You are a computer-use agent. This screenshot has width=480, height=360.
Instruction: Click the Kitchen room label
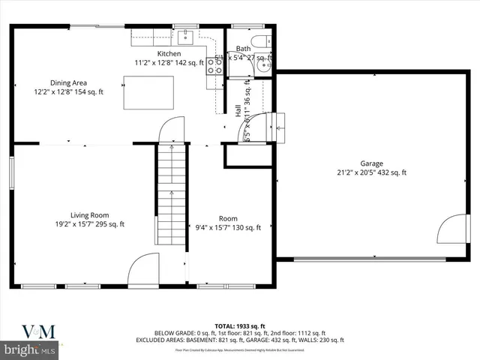pyautogui.click(x=169, y=53)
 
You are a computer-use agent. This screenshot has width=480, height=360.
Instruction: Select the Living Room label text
pyautogui.click(x=89, y=214)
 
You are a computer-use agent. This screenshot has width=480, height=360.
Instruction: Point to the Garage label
pyautogui.click(x=371, y=163)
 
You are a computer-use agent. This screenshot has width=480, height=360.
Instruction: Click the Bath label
pyautogui.click(x=243, y=49)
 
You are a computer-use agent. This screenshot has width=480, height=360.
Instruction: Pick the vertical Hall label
pyautogui.click(x=238, y=110)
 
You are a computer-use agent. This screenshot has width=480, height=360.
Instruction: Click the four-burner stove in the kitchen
pyautogui.click(x=214, y=65)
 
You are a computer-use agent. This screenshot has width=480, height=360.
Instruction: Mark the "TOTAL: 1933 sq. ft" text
pyautogui.click(x=239, y=326)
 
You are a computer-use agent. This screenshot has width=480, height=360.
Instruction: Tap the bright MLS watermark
pyautogui.click(x=29, y=349)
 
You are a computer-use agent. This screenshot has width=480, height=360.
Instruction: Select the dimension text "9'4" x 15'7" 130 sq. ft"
pyautogui.click(x=228, y=228)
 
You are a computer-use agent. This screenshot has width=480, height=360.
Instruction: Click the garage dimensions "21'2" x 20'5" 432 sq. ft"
pyautogui.click(x=371, y=172)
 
